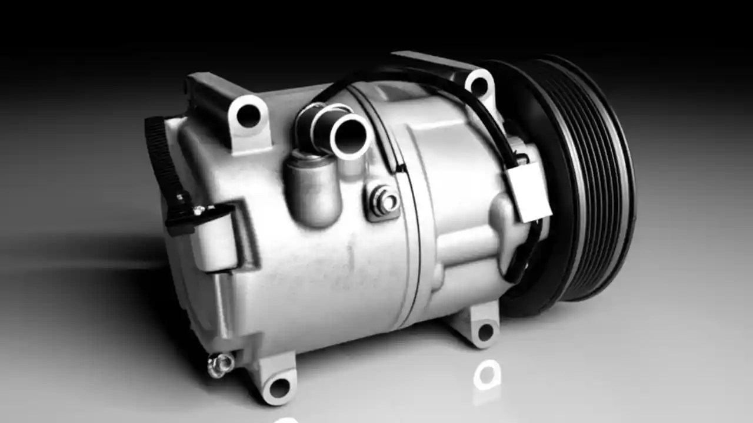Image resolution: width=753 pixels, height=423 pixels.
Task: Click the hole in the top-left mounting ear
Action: point(248,116)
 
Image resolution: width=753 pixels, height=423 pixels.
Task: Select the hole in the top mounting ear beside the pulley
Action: point(479,86)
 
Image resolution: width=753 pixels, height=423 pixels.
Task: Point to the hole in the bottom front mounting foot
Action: point(279,387)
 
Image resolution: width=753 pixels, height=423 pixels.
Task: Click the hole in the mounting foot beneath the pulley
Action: point(485,332)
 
